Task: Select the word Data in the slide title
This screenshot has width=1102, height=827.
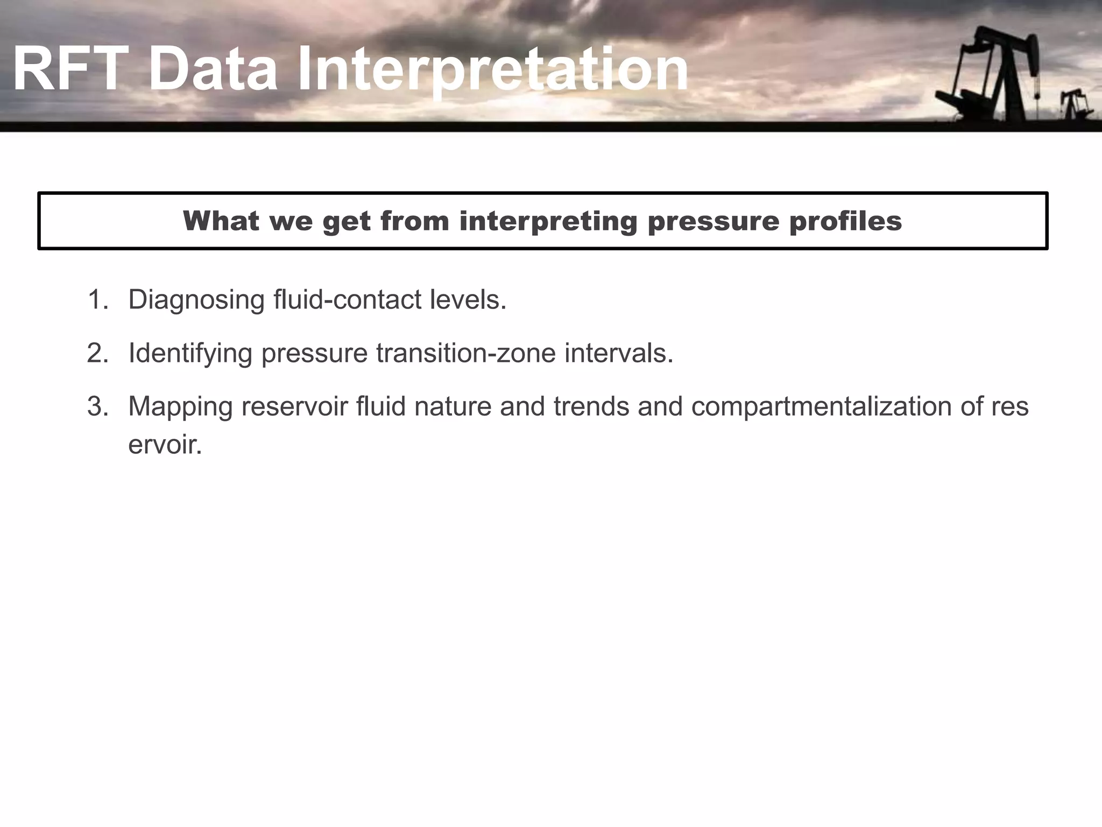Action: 213,70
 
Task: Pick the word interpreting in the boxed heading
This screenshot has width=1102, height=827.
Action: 548,221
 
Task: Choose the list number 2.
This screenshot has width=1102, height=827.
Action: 97,353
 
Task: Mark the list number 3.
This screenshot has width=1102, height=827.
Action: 97,406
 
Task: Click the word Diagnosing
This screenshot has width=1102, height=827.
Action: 196,300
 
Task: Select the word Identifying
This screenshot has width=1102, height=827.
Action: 190,354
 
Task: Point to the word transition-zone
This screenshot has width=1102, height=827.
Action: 465,353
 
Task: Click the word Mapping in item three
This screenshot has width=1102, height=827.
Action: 180,407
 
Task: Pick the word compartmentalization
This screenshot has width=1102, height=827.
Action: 821,407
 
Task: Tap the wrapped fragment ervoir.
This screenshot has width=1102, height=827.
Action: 165,445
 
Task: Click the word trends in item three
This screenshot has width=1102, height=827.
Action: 591,406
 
